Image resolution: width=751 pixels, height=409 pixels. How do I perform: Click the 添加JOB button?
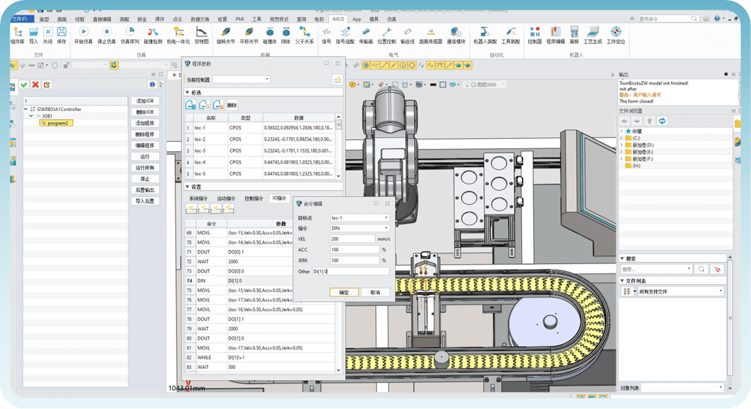pyautogui.click(x=145, y=101)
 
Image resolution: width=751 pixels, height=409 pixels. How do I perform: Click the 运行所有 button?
pyautogui.click(x=145, y=168)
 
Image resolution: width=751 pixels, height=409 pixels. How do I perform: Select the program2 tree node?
pyautogui.click(x=57, y=123)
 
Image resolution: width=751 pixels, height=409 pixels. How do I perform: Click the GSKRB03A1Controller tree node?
pyautogui.click(x=59, y=110)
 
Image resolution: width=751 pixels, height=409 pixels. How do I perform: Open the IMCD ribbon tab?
pyautogui.click(x=338, y=19)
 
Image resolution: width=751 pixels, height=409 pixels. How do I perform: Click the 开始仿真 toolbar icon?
pyautogui.click(x=83, y=35)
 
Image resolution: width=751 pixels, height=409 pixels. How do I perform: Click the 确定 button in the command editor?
pyautogui.click(x=344, y=292)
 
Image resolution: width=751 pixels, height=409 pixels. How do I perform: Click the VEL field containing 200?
pyautogui.click(x=353, y=239)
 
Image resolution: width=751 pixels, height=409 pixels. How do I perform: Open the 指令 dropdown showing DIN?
pyautogui.click(x=359, y=228)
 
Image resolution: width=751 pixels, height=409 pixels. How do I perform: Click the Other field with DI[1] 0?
pyautogui.click(x=351, y=272)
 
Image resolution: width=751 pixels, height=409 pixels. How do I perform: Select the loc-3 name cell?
pyautogui.click(x=200, y=151)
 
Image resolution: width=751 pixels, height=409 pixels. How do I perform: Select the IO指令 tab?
pyautogui.click(x=279, y=198)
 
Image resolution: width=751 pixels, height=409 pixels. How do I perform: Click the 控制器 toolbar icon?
pyautogui.click(x=535, y=35)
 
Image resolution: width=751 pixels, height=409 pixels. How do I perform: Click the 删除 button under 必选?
pyautogui.click(x=232, y=105)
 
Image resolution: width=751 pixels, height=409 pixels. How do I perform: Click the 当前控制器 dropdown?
pyautogui.click(x=241, y=79)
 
